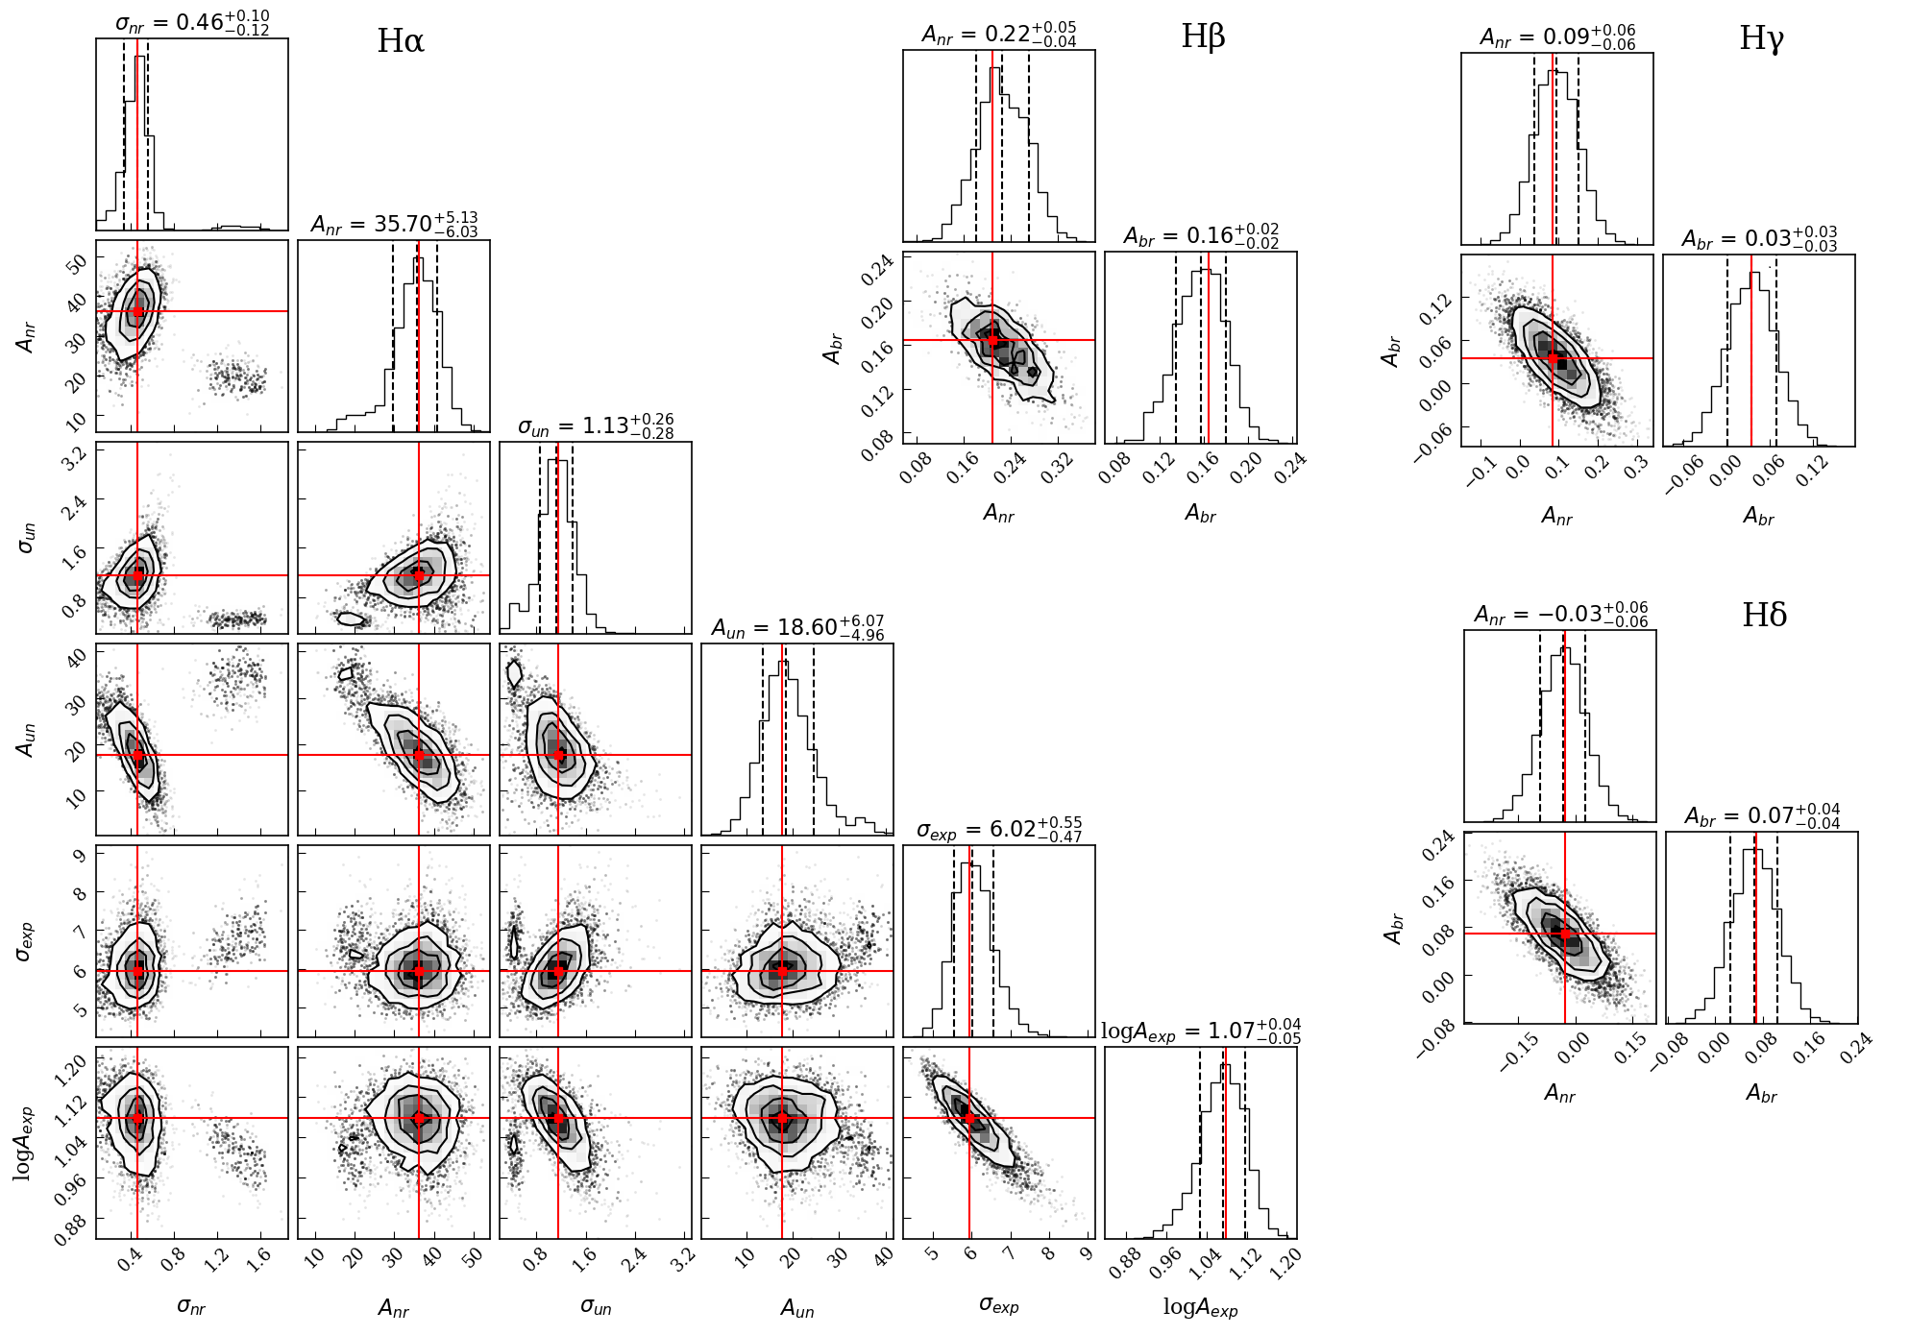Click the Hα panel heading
click(401, 41)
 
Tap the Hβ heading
click(1203, 37)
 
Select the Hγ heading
click(1761, 38)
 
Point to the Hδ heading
click(1764, 615)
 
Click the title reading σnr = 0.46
click(192, 22)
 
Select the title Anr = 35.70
click(394, 224)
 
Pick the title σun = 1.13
click(596, 425)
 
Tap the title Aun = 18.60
click(797, 627)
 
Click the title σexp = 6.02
click(999, 829)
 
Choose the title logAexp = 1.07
click(1201, 1031)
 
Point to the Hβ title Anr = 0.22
click(999, 34)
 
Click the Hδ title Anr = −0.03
click(1561, 614)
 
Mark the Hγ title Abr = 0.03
click(1759, 238)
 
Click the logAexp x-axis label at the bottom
click(1200, 1306)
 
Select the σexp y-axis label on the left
click(25, 940)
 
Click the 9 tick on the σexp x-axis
click(1086, 1254)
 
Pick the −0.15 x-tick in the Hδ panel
click(1520, 1053)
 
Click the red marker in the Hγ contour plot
click(1553, 358)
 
